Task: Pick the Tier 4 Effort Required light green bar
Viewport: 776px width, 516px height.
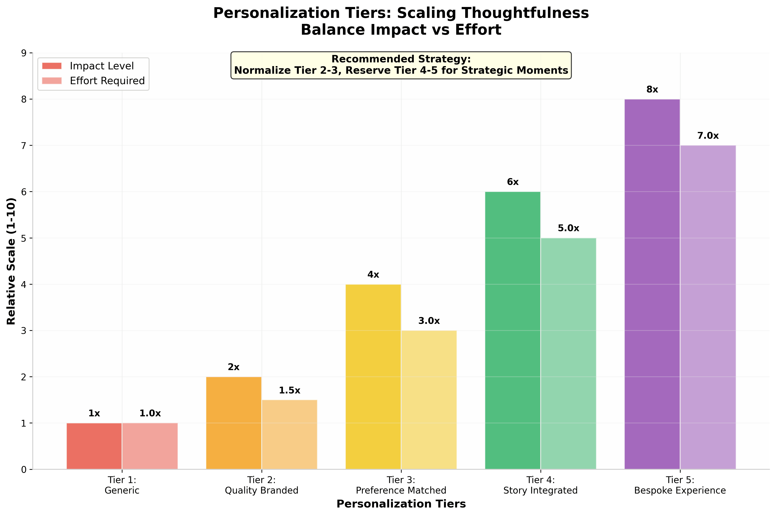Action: [568, 354]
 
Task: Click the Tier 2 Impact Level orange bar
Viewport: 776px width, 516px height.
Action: [234, 423]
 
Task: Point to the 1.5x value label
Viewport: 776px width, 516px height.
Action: [289, 390]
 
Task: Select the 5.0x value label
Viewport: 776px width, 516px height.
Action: [568, 228]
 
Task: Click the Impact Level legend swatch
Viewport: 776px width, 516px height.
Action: [52, 66]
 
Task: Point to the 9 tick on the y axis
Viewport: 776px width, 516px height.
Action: [24, 53]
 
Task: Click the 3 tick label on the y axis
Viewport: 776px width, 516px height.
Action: [24, 331]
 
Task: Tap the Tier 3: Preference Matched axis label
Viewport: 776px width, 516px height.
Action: [401, 485]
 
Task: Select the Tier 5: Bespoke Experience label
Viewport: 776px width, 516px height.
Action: [680, 485]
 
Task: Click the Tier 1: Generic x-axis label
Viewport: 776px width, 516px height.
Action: [122, 485]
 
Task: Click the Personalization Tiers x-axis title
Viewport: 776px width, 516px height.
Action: [401, 504]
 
